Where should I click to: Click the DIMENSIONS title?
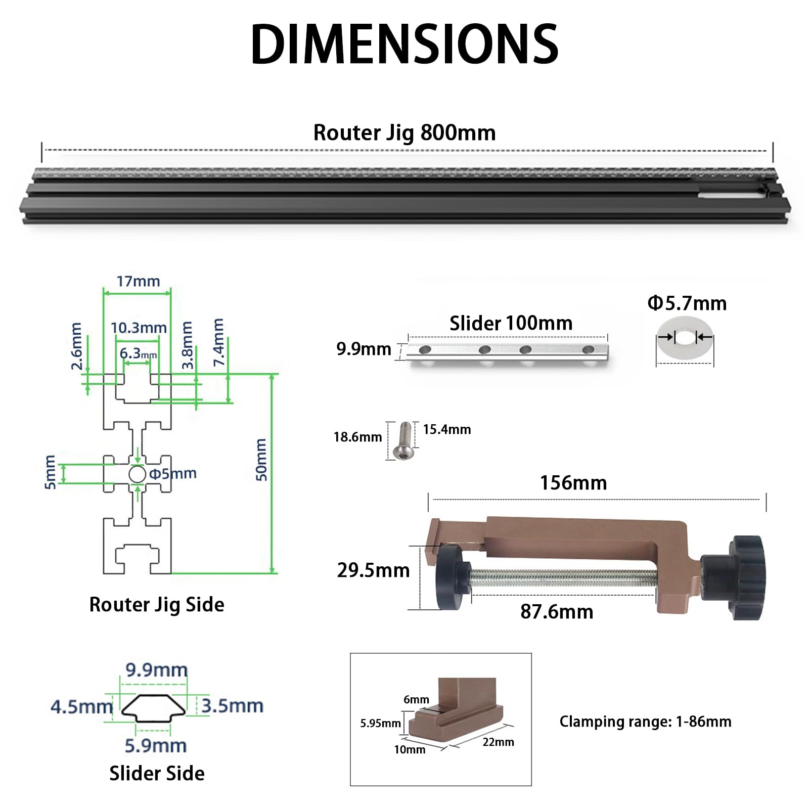(x=404, y=44)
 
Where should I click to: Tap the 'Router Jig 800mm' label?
(x=404, y=133)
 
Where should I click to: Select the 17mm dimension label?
(x=138, y=281)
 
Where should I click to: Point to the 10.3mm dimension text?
(x=139, y=328)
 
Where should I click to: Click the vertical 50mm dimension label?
(x=261, y=460)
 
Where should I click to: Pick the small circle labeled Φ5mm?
(x=137, y=474)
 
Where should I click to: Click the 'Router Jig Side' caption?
(x=157, y=605)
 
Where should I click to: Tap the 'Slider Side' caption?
(x=157, y=774)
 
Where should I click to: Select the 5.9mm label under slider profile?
(x=156, y=746)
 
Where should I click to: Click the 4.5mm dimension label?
(x=81, y=706)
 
